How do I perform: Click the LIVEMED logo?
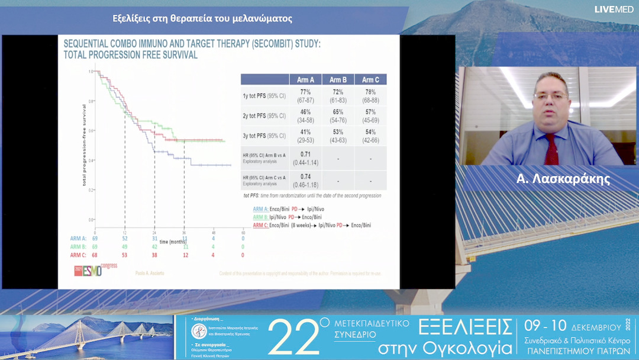(615, 9)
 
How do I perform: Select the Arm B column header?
(338, 80)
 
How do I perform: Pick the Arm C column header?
(371, 80)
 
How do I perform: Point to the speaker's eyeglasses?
(550, 95)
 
